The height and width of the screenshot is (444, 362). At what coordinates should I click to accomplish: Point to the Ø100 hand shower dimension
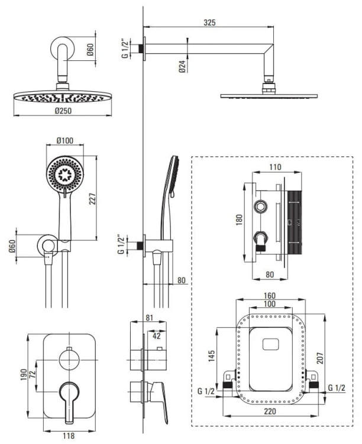point(66,141)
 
